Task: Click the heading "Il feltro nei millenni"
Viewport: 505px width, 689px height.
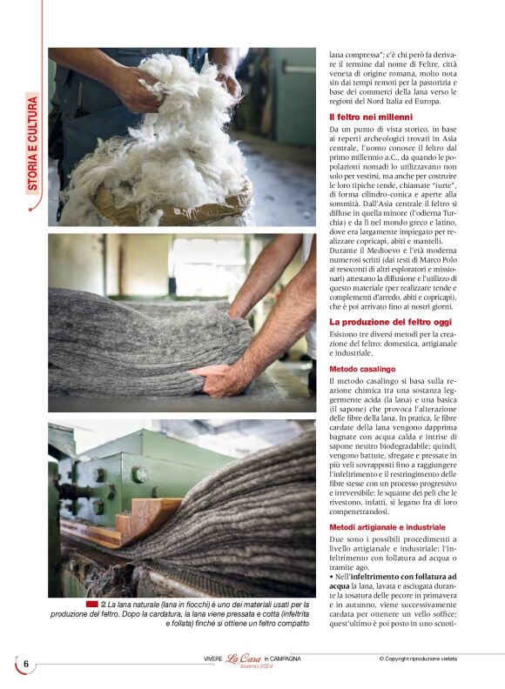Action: [370, 117]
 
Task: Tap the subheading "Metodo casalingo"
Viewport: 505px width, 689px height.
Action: [361, 369]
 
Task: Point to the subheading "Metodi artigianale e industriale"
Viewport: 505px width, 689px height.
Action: [387, 527]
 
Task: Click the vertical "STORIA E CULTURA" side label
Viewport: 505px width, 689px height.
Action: [32, 144]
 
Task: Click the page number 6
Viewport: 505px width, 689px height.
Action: [25, 665]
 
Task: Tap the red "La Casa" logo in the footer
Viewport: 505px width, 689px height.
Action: [244, 659]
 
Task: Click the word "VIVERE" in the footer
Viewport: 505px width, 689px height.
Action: [207, 659]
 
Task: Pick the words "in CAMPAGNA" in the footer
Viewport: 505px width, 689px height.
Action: [282, 659]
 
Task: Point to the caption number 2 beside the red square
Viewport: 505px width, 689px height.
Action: [103, 603]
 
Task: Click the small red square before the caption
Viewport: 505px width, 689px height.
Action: [91, 603]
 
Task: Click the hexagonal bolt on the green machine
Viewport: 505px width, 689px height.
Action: [138, 476]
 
